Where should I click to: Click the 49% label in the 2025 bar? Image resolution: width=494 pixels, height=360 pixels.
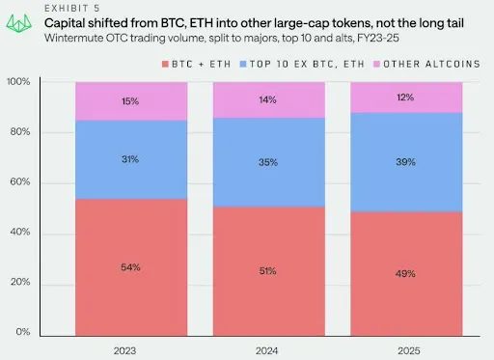click(407, 273)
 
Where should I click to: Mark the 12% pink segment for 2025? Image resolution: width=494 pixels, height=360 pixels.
click(407, 98)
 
